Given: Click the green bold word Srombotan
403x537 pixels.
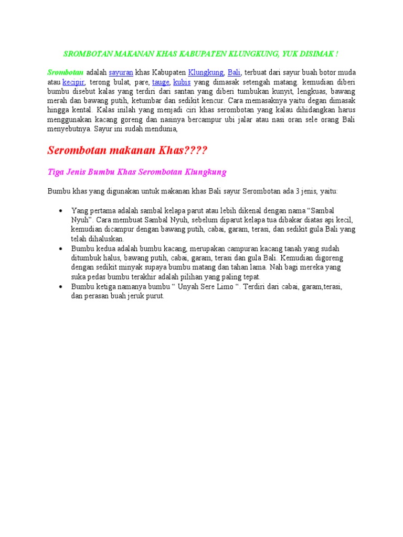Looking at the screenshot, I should coord(66,72).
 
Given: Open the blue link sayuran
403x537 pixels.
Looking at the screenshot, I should coord(121,72).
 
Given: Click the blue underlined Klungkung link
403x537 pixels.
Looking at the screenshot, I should coord(206,72).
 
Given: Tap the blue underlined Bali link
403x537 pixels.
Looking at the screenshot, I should coord(234,72).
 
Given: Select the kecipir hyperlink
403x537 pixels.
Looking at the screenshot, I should coord(73,82).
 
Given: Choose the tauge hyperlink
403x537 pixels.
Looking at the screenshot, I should coord(161,82).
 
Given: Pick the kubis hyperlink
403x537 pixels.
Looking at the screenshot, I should coord(182,82).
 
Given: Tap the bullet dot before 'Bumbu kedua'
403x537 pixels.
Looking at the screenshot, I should coord(60,248).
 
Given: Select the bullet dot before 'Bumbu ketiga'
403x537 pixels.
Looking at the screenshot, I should coord(60,286).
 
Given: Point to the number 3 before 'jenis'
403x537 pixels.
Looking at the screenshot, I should coord(297,191).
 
